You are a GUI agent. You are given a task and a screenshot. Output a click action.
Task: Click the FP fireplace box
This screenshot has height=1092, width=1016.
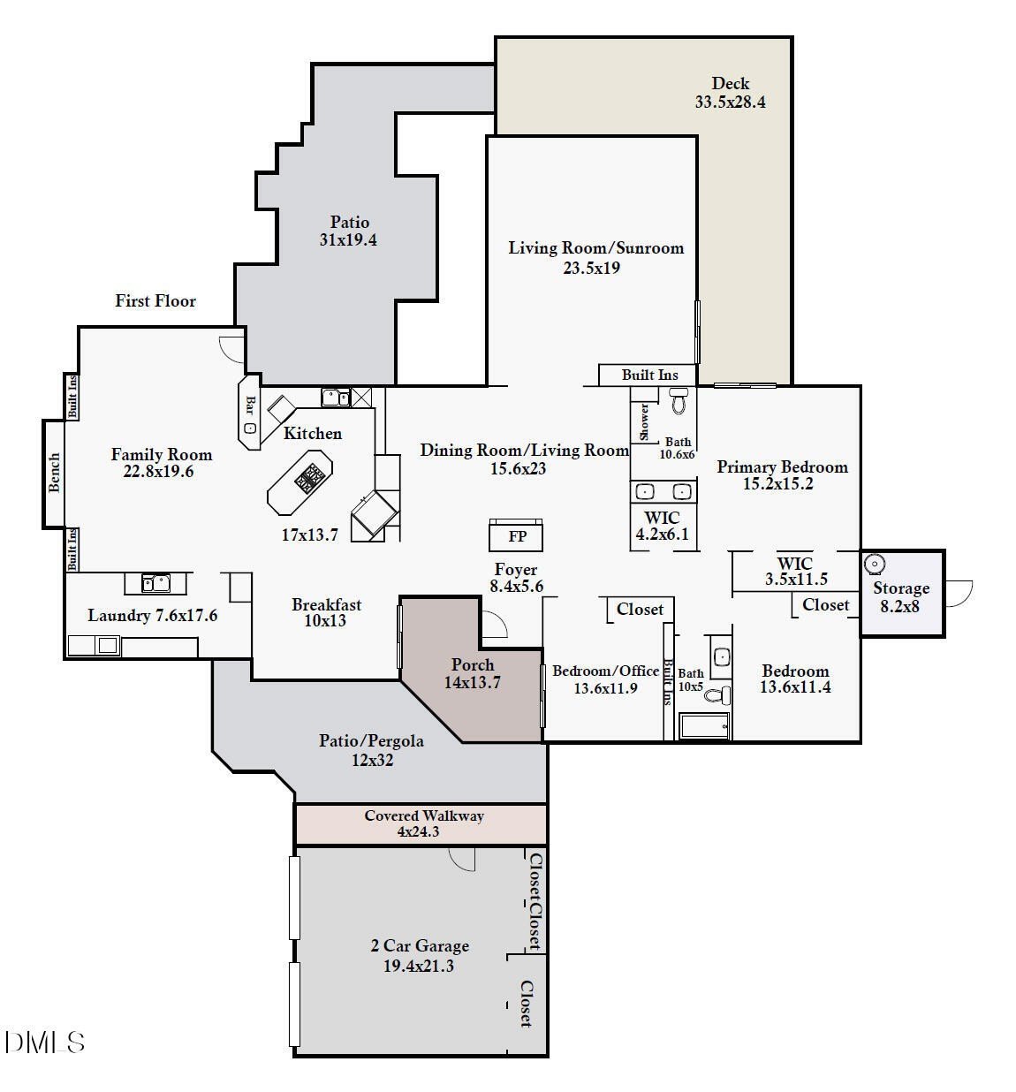516,535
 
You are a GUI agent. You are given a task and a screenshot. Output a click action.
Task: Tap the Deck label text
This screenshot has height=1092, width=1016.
730,84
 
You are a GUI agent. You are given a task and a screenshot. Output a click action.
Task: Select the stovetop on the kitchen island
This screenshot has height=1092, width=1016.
309,480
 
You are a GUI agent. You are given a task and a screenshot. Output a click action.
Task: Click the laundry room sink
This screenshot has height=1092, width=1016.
156,583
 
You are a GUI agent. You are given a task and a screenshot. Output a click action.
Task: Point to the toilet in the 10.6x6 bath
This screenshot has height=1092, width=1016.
679,402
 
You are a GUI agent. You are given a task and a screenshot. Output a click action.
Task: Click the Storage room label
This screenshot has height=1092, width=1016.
901,588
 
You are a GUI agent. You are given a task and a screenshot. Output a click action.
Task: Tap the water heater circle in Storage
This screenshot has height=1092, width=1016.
875,564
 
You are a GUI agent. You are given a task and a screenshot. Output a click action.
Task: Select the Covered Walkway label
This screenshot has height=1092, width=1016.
424,816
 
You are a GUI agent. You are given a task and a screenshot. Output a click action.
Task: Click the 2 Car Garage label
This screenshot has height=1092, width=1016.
420,946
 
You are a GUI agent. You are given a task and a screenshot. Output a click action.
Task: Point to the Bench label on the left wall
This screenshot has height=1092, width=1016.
55,473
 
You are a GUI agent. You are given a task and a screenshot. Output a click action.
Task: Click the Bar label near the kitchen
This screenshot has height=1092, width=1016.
250,406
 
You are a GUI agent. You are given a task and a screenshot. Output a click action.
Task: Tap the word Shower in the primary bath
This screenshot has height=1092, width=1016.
644,421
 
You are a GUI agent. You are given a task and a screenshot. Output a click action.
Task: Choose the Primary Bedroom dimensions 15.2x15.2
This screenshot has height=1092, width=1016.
777,484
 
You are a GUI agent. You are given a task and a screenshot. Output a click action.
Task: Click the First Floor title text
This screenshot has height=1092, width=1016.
155,301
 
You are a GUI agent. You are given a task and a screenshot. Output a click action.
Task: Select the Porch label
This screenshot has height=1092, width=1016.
473,665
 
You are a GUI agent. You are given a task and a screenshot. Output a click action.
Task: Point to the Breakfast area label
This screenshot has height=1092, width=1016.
326,605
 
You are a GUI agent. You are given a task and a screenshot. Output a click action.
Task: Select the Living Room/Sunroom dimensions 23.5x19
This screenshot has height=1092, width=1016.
592,268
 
